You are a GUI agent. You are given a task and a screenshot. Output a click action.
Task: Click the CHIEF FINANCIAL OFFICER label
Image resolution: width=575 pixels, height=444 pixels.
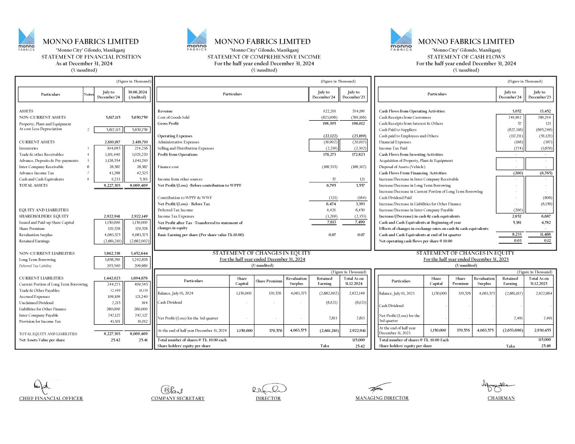tap(51, 398)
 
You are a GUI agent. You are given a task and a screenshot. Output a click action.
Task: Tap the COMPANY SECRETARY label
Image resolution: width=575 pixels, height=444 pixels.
tap(178, 398)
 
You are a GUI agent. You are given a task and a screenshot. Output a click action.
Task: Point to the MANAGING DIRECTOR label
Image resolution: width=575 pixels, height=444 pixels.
tap(382, 398)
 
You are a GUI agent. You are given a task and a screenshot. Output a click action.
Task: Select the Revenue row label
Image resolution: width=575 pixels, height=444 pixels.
tap(165, 111)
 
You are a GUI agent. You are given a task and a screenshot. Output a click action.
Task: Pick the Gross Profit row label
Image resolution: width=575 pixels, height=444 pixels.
tap(168, 124)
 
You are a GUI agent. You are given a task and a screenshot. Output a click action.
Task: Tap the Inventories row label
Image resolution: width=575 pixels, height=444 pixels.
tap(29, 148)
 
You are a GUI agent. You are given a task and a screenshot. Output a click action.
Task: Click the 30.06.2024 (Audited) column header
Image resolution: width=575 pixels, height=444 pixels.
tap(137, 94)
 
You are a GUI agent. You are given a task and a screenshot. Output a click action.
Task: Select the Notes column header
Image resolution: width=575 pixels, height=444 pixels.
tap(89, 94)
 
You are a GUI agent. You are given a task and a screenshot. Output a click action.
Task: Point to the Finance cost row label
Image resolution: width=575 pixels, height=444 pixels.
tap(169, 167)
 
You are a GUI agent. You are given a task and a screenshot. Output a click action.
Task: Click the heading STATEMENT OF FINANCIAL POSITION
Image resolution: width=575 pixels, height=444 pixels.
tap(92, 57)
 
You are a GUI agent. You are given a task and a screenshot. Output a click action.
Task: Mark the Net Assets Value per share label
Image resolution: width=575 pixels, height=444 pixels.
tap(42, 340)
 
